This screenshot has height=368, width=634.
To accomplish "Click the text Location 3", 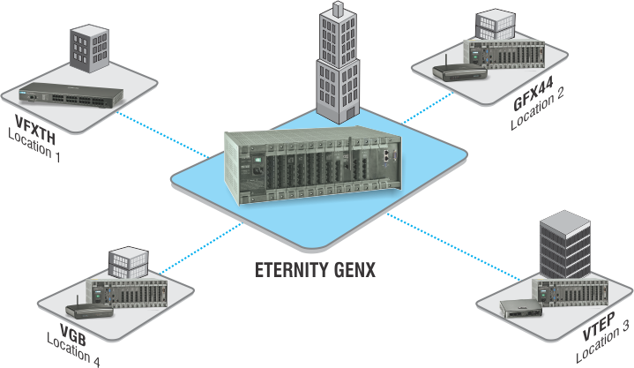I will (602, 342).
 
